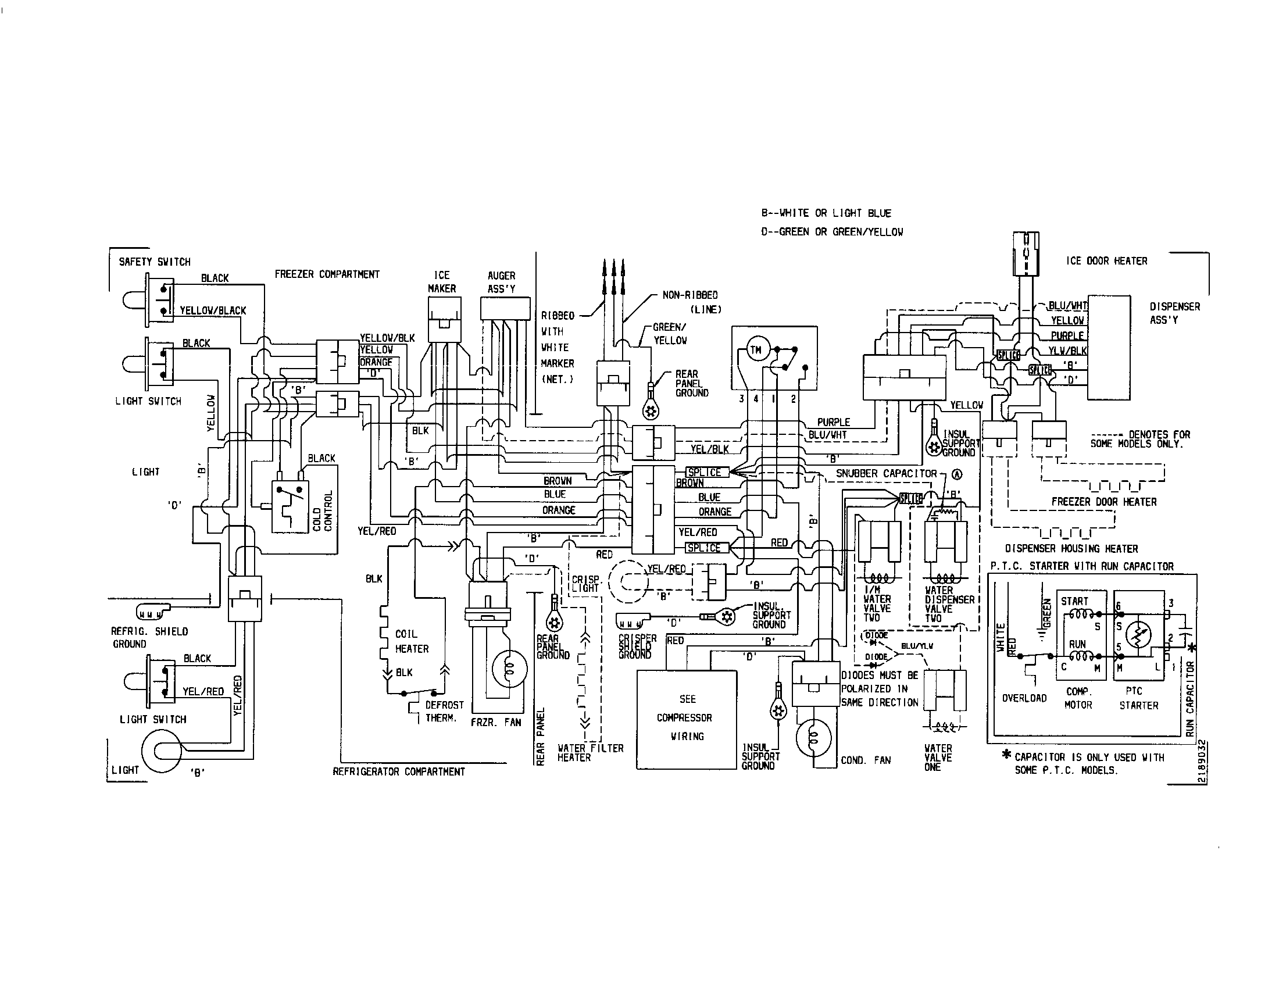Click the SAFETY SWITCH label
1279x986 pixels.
pyautogui.click(x=155, y=262)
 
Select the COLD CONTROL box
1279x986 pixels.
pyautogui.click(x=291, y=506)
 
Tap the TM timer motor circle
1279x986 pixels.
pyautogui.click(x=756, y=351)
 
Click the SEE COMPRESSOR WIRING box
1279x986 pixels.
pyautogui.click(x=687, y=719)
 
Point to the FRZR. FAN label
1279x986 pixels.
pyautogui.click(x=495, y=723)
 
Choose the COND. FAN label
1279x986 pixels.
pyautogui.click(x=866, y=760)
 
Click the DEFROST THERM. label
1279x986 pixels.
pyautogui.click(x=444, y=712)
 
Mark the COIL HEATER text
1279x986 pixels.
pyautogui.click(x=412, y=641)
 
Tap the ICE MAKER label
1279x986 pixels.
pyautogui.click(x=442, y=281)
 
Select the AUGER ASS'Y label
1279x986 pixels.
pyautogui.click(x=501, y=281)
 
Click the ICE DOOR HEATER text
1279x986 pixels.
pyautogui.click(x=1106, y=261)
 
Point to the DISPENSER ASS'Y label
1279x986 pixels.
pyautogui.click(x=1174, y=313)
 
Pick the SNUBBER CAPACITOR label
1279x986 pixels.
pyautogui.click(x=886, y=473)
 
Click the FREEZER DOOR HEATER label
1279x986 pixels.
pyautogui.click(x=1104, y=502)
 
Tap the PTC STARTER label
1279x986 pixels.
pyautogui.click(x=1138, y=699)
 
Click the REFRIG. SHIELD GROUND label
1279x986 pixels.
pyautogui.click(x=149, y=638)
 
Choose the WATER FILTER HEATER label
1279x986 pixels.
pyautogui.click(x=590, y=753)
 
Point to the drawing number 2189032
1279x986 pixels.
pyautogui.click(x=1201, y=762)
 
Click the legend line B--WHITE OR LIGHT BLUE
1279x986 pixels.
pyautogui.click(x=826, y=213)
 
